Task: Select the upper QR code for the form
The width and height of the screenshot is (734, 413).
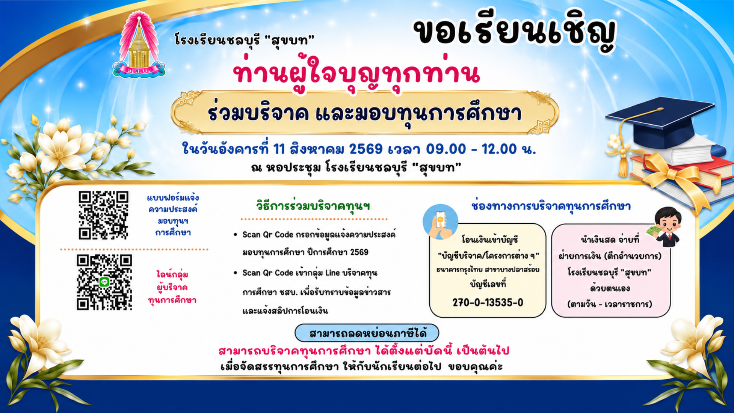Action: (x=103, y=215)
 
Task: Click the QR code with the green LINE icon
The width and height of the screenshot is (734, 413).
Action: (x=104, y=282)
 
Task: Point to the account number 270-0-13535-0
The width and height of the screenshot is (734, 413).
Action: (x=488, y=302)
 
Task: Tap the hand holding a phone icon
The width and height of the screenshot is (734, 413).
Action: (x=440, y=222)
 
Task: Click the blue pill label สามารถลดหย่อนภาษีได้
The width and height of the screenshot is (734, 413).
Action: (x=367, y=333)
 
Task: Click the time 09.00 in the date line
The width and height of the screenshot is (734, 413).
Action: (x=446, y=149)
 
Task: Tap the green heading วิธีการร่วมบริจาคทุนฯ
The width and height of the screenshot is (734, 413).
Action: (x=313, y=206)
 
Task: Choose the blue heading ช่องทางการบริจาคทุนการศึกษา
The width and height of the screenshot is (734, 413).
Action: (x=551, y=206)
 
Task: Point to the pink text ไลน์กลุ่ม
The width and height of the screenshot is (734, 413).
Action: (x=172, y=274)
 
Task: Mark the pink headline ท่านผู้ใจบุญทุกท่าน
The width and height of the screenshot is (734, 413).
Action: (x=356, y=74)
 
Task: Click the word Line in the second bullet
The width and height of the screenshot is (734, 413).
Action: (x=332, y=273)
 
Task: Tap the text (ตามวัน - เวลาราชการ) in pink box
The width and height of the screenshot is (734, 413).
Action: (x=610, y=304)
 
